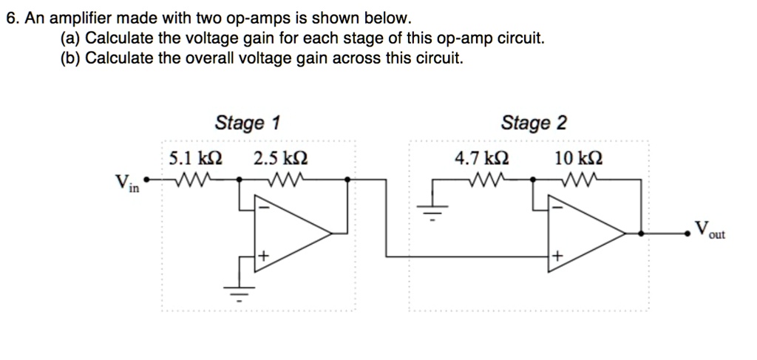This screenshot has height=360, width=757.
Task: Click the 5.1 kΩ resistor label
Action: pyautogui.click(x=195, y=158)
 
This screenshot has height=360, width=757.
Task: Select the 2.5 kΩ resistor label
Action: pyautogui.click(x=281, y=158)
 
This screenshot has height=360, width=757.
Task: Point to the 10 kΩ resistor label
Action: pyautogui.click(x=577, y=158)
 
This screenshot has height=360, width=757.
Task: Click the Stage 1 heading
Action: pyautogui.click(x=247, y=123)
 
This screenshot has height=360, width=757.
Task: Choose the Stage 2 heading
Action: pyautogui.click(x=534, y=123)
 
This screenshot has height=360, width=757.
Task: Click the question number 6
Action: pyautogui.click(x=11, y=18)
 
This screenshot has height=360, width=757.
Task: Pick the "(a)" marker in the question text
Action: pyautogui.click(x=71, y=38)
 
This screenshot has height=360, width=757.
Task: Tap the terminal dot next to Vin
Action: pyautogui.click(x=146, y=179)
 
